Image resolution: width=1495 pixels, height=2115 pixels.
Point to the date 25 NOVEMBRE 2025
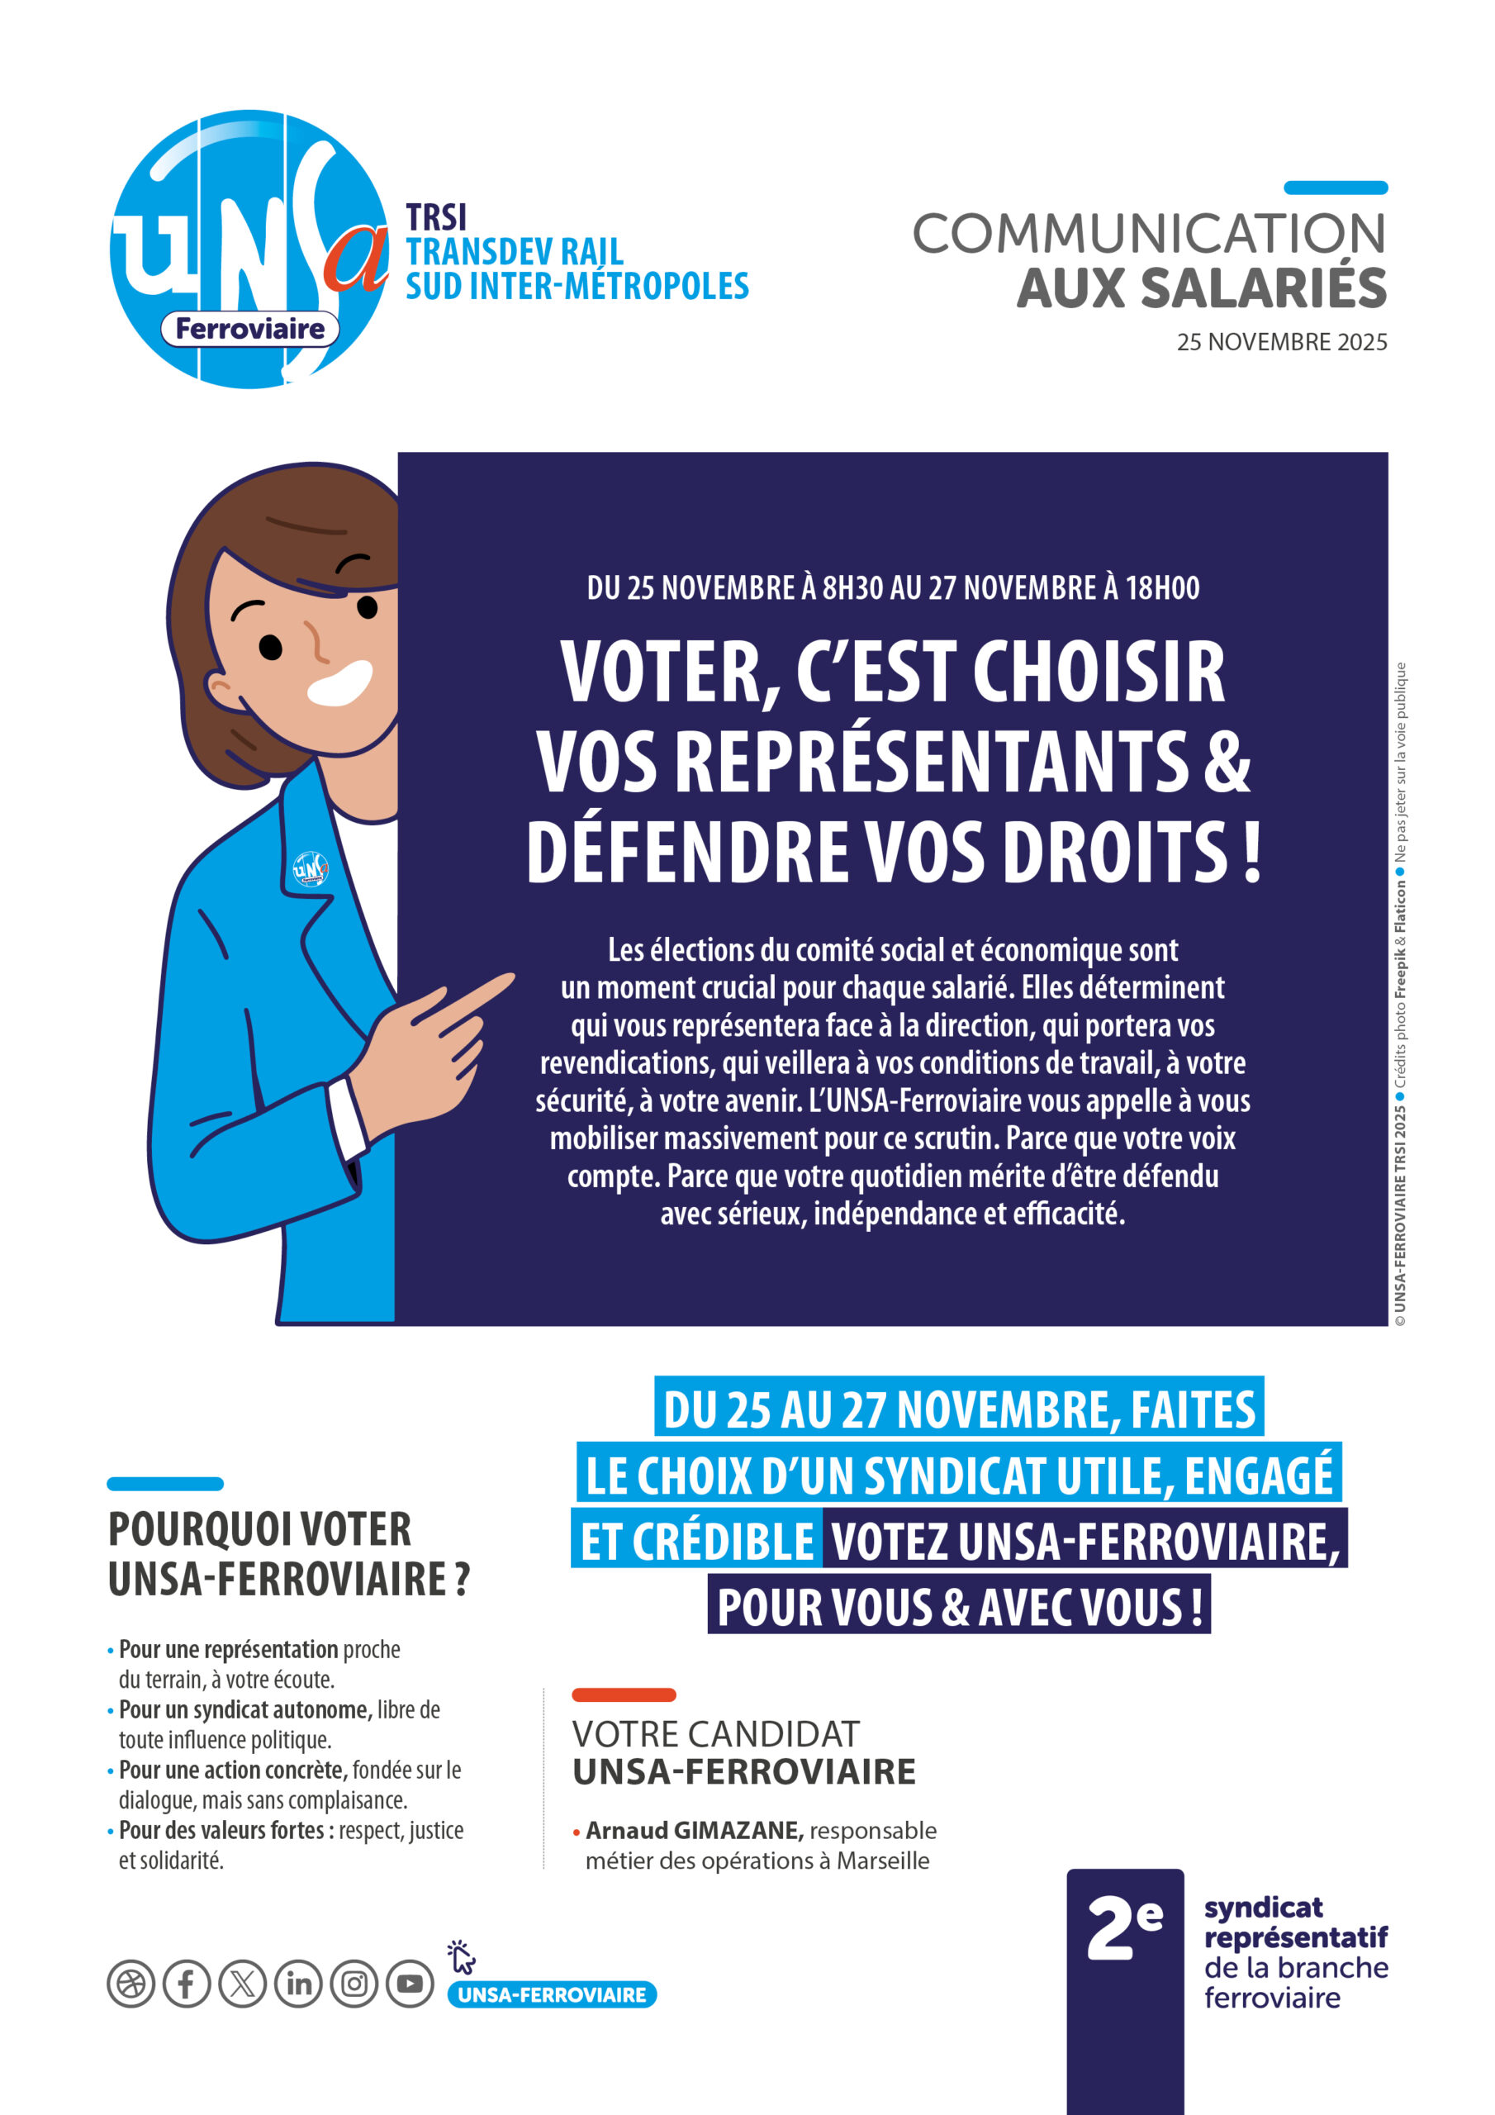[x=1281, y=342]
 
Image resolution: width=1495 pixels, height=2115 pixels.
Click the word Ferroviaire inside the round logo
[x=249, y=329]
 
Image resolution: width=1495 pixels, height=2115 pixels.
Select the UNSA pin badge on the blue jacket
[x=310, y=868]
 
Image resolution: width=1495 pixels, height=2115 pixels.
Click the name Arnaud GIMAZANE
[x=694, y=1829]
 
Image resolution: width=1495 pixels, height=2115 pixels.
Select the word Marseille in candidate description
[x=882, y=1860]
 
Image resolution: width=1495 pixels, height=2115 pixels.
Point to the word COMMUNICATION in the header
[x=1149, y=234]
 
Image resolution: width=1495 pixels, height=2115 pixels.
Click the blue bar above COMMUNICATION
[x=1335, y=188]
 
